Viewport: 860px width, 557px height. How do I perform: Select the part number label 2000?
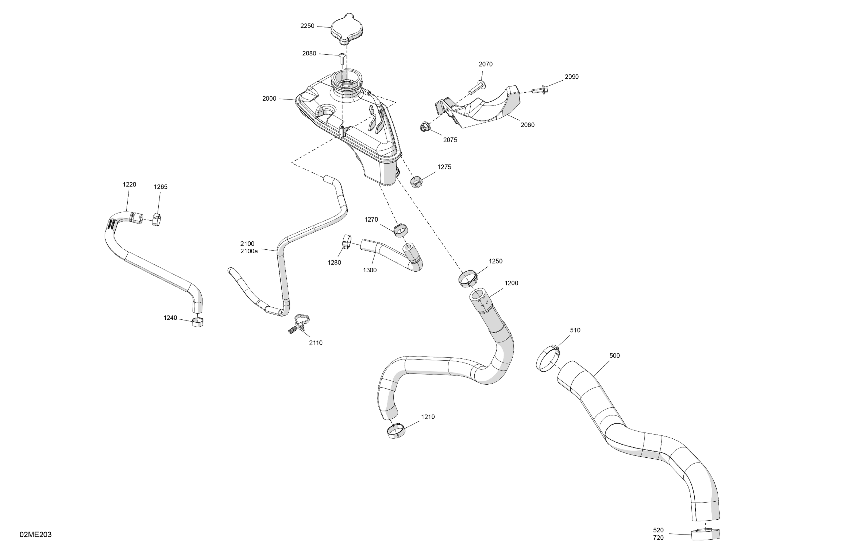click(269, 99)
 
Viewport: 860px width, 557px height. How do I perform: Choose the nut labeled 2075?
click(424, 128)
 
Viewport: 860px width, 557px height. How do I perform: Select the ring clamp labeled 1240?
click(197, 322)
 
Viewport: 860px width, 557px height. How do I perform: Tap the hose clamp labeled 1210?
click(396, 431)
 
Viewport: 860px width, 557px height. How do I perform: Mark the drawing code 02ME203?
click(35, 535)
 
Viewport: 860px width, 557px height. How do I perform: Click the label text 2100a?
click(249, 251)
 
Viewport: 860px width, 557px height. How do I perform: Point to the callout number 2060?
click(527, 125)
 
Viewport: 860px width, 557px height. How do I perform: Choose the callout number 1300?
click(370, 270)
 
